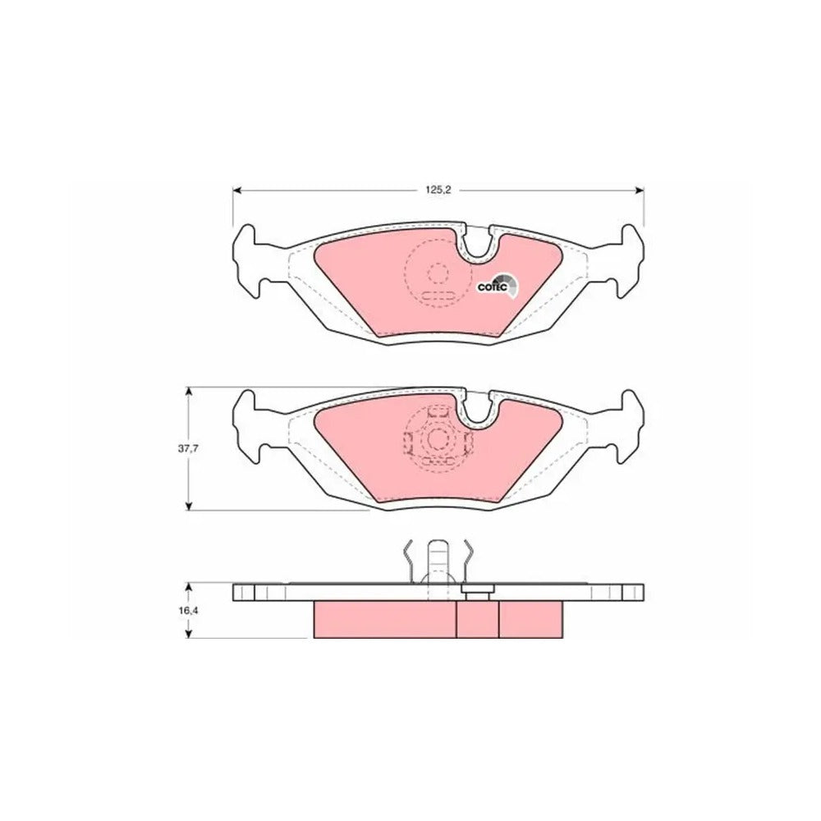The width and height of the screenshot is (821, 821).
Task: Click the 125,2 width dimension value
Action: (x=438, y=190)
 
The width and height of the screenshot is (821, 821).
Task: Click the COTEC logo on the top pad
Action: (x=498, y=286)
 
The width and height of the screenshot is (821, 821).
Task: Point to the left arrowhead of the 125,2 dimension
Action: (x=236, y=190)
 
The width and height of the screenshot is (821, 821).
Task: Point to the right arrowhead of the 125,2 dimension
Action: (x=640, y=190)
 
